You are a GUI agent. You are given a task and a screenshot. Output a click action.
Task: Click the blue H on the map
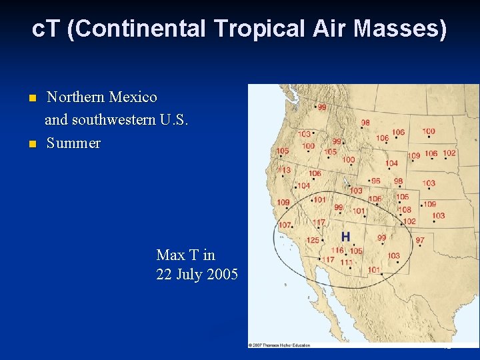click(345, 237)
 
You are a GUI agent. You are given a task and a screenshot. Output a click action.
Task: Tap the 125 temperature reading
click(313, 240)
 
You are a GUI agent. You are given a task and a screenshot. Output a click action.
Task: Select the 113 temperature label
click(285, 170)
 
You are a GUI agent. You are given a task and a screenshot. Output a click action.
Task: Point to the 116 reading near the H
click(339, 251)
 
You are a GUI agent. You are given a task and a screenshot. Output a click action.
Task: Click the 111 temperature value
click(346, 263)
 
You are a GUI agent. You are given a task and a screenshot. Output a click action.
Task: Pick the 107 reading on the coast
click(285, 225)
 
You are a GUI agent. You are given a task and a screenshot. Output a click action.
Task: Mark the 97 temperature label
click(420, 240)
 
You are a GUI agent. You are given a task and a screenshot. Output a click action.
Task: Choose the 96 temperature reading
click(376, 181)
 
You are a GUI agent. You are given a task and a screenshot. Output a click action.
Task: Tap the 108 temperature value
click(405, 209)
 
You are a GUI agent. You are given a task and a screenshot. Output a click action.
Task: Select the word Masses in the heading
click(411, 29)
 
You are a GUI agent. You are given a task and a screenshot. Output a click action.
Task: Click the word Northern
click(75, 97)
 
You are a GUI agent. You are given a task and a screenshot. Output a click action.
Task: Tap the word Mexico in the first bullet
click(133, 97)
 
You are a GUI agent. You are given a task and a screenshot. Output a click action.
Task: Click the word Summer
click(73, 143)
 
